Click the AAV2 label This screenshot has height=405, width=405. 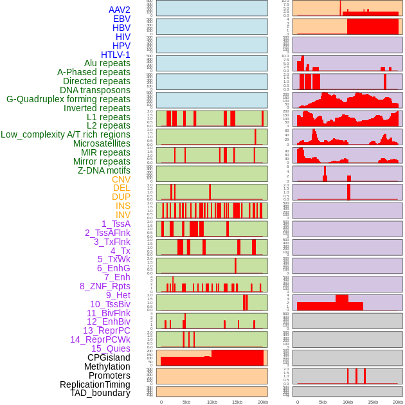[x=119, y=10]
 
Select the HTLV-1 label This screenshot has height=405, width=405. [x=115, y=55]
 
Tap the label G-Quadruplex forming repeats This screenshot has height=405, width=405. [x=68, y=99]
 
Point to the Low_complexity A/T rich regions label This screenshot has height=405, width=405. [x=66, y=134]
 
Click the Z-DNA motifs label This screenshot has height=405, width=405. [x=104, y=170]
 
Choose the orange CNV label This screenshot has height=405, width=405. [x=121, y=179]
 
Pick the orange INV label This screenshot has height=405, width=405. [x=123, y=215]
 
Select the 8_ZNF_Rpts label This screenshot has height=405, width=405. [x=105, y=286]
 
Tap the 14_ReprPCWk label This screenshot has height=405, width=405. [x=100, y=339]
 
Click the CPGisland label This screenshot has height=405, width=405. [x=109, y=357]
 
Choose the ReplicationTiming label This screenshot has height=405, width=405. [x=94, y=384]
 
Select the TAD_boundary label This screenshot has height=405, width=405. [x=100, y=393]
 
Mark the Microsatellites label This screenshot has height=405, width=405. [x=102, y=143]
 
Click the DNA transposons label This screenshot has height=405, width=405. [x=95, y=90]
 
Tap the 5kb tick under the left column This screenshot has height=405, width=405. [x=186, y=402]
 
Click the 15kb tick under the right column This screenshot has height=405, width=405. [x=373, y=402]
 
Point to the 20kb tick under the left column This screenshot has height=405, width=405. [x=263, y=402]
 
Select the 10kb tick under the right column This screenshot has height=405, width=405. [x=348, y=402]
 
